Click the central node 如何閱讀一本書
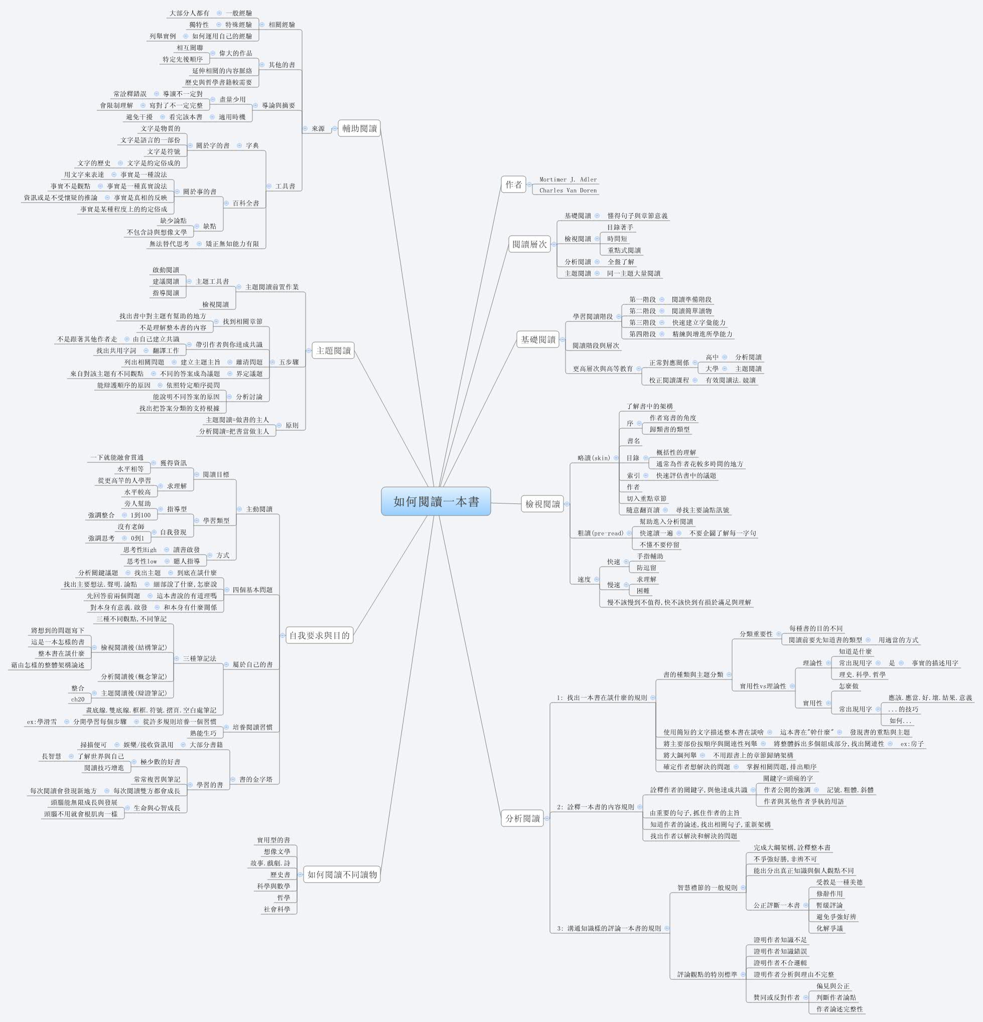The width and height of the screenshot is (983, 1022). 436,501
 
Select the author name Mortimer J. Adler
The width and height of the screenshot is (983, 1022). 568,180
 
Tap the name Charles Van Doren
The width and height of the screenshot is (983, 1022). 568,191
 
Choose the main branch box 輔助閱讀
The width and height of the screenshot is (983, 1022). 359,128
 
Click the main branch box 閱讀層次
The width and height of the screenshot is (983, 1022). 529,244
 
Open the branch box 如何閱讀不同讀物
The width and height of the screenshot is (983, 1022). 342,875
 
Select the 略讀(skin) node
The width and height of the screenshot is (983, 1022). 594,458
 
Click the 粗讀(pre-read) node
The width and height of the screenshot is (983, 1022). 600,533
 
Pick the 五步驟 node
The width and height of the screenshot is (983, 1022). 289,362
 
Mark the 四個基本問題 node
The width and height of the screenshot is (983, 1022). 252,590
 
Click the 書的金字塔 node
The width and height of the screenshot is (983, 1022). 256,779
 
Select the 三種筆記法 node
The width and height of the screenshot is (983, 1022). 199,658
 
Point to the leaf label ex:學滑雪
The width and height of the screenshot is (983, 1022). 42,722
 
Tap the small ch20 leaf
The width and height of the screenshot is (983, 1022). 78,699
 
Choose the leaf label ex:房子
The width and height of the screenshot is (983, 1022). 912,744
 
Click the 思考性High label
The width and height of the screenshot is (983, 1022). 140,550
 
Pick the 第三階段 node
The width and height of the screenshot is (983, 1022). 642,323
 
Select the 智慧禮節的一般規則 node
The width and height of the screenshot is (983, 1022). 707,888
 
